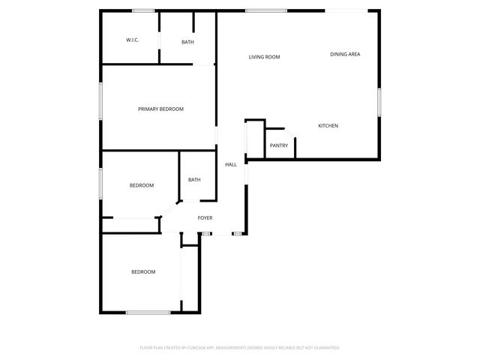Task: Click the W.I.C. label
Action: click(131, 40)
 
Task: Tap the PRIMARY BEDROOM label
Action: click(160, 109)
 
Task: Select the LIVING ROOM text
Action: click(264, 57)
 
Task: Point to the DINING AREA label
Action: click(345, 54)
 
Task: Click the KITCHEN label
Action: click(328, 125)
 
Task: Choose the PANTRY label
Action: click(278, 145)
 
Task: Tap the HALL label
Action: click(231, 164)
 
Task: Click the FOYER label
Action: click(205, 218)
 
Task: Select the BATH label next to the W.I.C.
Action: click(187, 42)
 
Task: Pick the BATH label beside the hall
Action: click(194, 180)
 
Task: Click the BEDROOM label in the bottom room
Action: click(143, 272)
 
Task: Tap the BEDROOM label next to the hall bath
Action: click(141, 186)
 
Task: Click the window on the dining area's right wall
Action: click(379, 103)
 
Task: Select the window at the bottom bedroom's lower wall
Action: click(148, 312)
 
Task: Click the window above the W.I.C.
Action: click(143, 10)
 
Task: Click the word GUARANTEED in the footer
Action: click(325, 348)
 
